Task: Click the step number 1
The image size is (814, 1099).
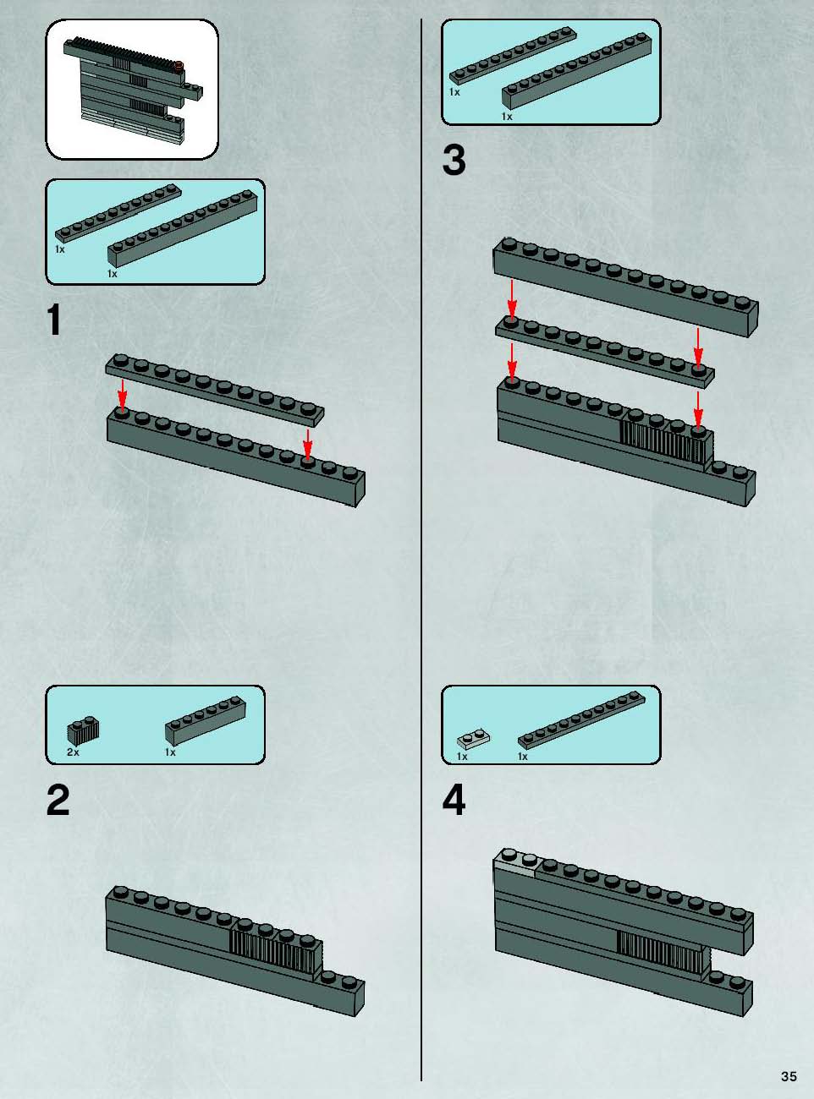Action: coord(54,320)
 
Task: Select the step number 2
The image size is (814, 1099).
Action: coord(58,800)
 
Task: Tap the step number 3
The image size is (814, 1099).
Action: coord(454,160)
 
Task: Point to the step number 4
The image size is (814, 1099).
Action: coord(454,800)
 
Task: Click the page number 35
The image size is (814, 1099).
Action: coord(789,1076)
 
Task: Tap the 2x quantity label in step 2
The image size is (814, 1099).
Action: coord(73,752)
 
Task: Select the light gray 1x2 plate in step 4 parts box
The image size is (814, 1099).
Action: coord(473,738)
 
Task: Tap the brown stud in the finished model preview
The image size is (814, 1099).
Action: coord(179,64)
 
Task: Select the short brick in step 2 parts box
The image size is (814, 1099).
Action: coord(206,721)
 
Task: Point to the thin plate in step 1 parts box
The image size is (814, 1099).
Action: coord(118,213)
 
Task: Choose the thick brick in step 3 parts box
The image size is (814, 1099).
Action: coord(576,71)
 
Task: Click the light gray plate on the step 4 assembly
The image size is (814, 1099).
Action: coord(516,864)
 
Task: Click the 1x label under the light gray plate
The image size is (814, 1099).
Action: coord(462,756)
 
